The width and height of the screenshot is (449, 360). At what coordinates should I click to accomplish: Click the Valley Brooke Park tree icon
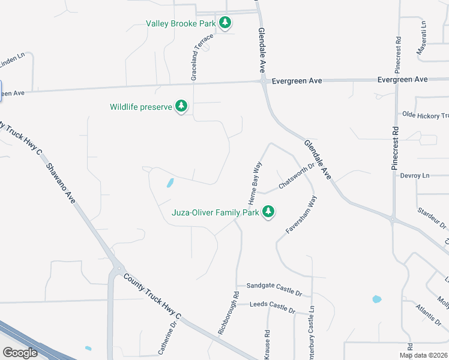[x=225, y=23]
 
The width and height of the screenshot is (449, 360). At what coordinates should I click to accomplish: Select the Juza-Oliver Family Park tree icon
[x=268, y=212]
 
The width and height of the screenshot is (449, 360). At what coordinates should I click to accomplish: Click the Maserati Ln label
[x=423, y=39]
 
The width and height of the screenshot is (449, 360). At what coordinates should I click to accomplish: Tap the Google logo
[x=20, y=353]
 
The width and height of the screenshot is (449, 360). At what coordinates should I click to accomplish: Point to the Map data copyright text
[x=423, y=355]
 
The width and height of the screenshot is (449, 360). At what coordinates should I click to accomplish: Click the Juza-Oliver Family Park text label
[x=215, y=212]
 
